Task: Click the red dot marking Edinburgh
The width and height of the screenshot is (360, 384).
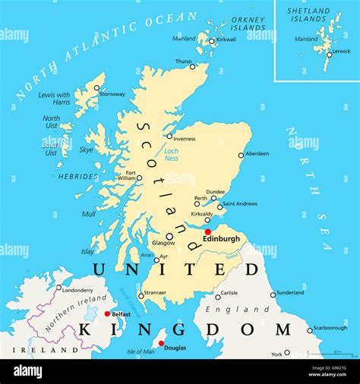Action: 207,231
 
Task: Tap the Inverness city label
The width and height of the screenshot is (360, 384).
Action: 184,138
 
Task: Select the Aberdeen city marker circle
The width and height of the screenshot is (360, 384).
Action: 242,155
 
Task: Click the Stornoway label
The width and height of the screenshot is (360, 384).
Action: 112,94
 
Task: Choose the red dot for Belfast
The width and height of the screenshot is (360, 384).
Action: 106,313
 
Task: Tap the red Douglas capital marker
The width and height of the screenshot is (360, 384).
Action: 161,343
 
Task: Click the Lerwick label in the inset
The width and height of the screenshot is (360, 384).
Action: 341,52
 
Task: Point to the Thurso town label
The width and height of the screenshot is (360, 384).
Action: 183,61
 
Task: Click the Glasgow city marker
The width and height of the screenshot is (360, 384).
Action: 169,236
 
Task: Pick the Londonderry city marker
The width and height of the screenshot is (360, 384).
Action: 59,288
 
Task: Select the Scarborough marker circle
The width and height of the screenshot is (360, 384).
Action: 310,330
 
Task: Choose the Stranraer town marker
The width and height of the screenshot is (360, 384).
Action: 141,295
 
